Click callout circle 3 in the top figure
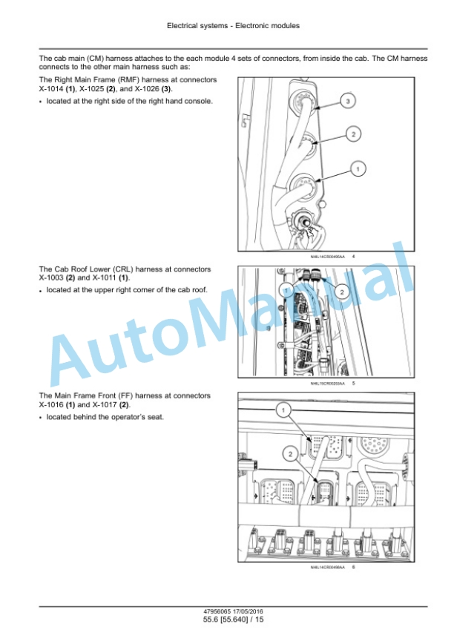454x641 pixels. coord(348,101)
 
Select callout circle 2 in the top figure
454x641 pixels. coord(353,134)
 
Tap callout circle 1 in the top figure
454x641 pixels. coord(358,169)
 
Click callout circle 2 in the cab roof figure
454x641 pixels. coord(342,292)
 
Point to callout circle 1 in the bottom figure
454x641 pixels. coord(283,410)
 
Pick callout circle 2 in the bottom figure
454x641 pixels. coord(291,454)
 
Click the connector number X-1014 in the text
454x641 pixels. coord(51,89)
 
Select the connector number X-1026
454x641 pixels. coord(147,89)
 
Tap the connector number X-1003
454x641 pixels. coord(51,278)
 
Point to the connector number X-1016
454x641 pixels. coord(51,405)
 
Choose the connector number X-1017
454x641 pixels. coord(105,405)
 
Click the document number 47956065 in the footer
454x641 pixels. coord(217,611)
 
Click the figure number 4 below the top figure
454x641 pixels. coord(353,256)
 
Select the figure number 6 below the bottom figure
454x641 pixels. coord(353,567)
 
